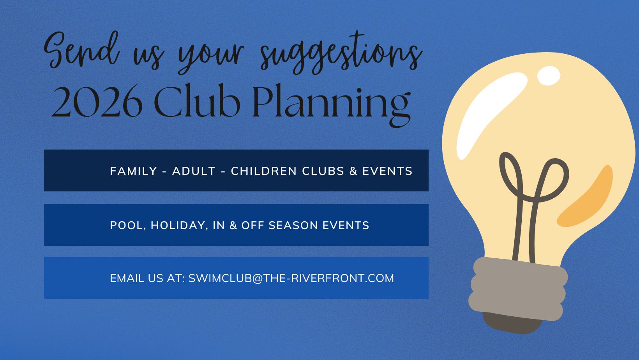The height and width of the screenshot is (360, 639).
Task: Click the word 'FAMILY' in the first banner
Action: pos(133,171)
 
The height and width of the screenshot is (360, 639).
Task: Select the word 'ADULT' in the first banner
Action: pos(194,171)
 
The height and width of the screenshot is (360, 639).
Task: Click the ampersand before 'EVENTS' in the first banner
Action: pos(353,171)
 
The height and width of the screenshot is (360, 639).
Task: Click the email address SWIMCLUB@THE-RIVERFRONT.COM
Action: pos(291,278)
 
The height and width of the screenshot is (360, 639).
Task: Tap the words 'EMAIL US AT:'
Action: pos(147,278)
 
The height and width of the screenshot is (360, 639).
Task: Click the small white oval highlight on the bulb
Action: pos(549,75)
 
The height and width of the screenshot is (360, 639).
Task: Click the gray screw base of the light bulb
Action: pos(518,288)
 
